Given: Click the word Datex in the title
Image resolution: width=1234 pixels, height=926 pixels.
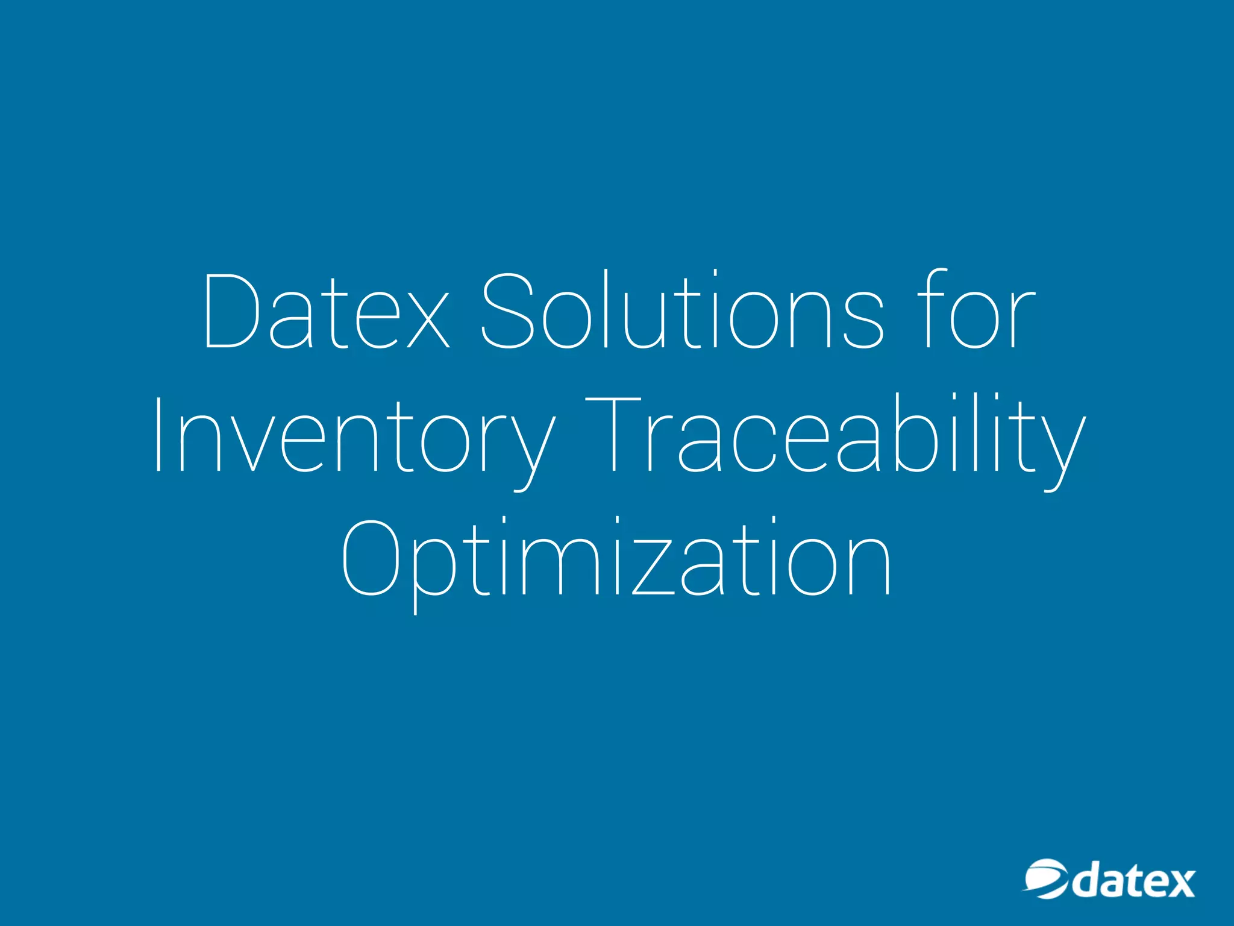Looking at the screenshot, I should pyautogui.click(x=326, y=311).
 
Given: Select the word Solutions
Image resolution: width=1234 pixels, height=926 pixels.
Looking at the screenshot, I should pyautogui.click(x=682, y=311).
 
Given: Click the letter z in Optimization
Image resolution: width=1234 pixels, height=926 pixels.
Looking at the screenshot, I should pyautogui.click(x=654, y=567).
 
